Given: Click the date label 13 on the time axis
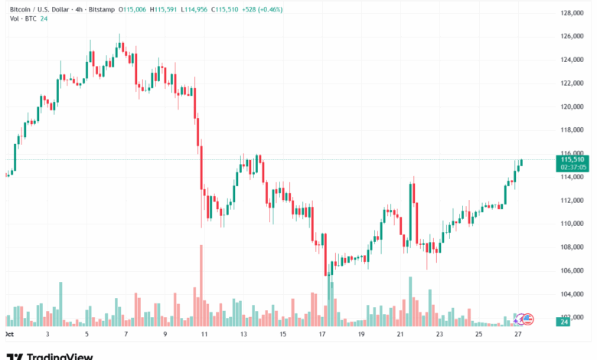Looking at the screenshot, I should point(243,335).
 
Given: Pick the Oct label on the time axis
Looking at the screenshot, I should point(10,335).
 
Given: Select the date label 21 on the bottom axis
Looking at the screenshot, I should point(400,335).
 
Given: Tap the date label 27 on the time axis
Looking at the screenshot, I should point(519,335).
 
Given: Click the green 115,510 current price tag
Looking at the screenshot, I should point(572,159).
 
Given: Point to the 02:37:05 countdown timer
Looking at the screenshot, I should point(572,166).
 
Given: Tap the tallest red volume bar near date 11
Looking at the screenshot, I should point(201,285).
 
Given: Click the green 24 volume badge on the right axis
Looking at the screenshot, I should point(563,322).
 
